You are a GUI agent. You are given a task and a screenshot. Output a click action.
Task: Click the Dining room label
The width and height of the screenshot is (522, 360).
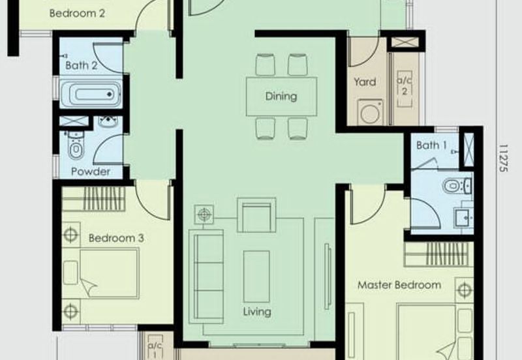click(281, 97)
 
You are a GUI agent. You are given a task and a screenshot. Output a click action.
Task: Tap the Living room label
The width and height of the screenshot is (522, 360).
click(256, 312)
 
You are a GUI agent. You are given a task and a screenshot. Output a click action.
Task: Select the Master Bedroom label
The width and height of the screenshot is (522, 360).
click(399, 285)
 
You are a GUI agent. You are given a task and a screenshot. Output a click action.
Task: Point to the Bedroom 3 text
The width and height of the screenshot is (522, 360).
click(116, 238)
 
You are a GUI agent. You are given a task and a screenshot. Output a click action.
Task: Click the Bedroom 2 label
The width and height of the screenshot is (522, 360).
click(77, 11)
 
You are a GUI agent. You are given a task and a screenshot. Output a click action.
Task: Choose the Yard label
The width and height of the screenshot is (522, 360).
click(365, 82)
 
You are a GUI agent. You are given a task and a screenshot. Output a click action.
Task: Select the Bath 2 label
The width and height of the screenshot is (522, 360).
click(82, 65)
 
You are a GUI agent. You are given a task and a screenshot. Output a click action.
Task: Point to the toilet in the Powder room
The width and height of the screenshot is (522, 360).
click(76, 149)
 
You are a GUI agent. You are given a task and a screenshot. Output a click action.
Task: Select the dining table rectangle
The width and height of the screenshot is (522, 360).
click(281, 97)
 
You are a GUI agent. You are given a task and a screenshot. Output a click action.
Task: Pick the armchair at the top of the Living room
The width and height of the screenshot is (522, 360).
click(256, 216)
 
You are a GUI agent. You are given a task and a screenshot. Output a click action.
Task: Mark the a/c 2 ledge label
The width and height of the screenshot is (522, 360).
click(404, 86)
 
